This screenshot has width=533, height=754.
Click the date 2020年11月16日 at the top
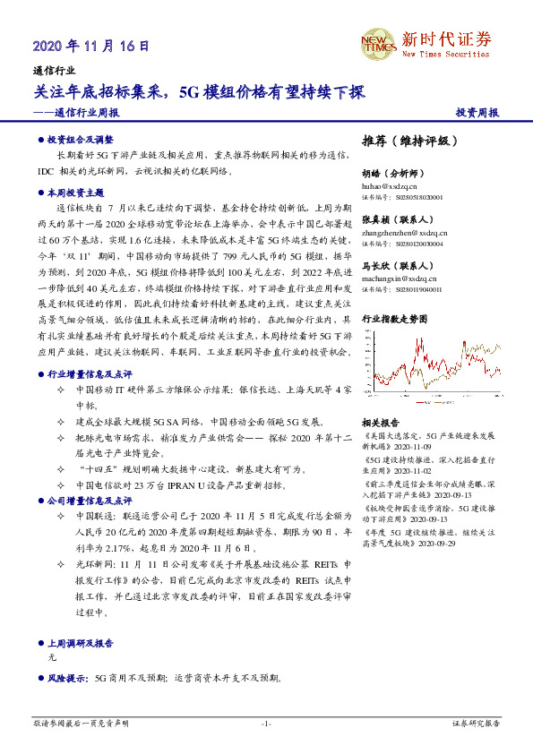pyautogui.click(x=90, y=46)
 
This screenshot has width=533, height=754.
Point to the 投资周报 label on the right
pyautogui.click(x=477, y=113)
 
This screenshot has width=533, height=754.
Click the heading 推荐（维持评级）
pyautogui.click(x=410, y=141)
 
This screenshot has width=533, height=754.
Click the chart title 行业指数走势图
pyautogui.click(x=396, y=318)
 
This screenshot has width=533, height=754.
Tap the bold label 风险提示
pyautogui.click(x=69, y=680)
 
